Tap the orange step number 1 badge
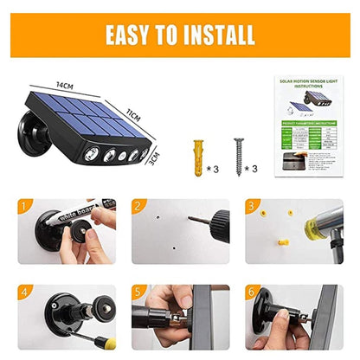(26, 206)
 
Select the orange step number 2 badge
(138, 206)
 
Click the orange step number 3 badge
(253, 206)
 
